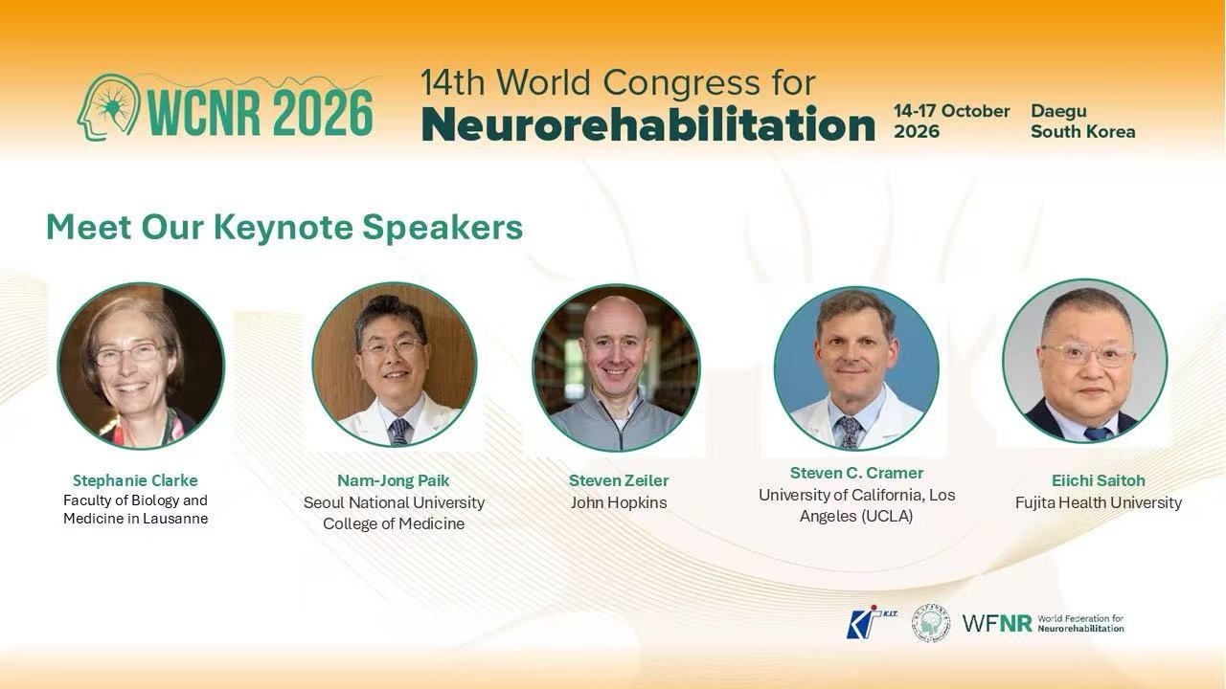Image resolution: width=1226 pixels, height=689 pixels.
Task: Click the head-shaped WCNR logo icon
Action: point(108,107)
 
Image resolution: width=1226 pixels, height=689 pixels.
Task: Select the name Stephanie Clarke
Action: point(135,480)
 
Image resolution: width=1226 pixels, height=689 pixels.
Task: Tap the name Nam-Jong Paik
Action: point(394,480)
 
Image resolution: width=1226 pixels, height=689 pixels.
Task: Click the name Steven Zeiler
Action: point(619,480)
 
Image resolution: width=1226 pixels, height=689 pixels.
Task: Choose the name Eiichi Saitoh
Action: point(1099,480)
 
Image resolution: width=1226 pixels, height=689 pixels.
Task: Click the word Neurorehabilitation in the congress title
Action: point(648,125)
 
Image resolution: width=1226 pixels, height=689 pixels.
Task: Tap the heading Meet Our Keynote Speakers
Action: point(284,227)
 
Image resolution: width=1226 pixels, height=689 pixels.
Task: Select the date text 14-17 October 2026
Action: point(952,121)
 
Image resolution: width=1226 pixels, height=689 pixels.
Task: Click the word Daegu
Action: point(1059,111)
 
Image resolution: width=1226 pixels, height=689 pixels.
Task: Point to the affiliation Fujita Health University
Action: point(1099,502)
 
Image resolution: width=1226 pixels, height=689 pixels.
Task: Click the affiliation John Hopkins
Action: point(619,502)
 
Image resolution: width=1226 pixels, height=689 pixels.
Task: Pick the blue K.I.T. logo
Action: point(871,622)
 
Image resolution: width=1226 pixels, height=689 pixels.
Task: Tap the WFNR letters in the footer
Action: point(997,623)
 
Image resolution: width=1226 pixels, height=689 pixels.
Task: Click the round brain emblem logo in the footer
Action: point(930,623)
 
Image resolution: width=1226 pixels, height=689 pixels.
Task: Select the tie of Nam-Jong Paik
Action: point(399,432)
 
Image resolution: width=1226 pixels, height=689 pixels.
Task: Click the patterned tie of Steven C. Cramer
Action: point(849,432)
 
